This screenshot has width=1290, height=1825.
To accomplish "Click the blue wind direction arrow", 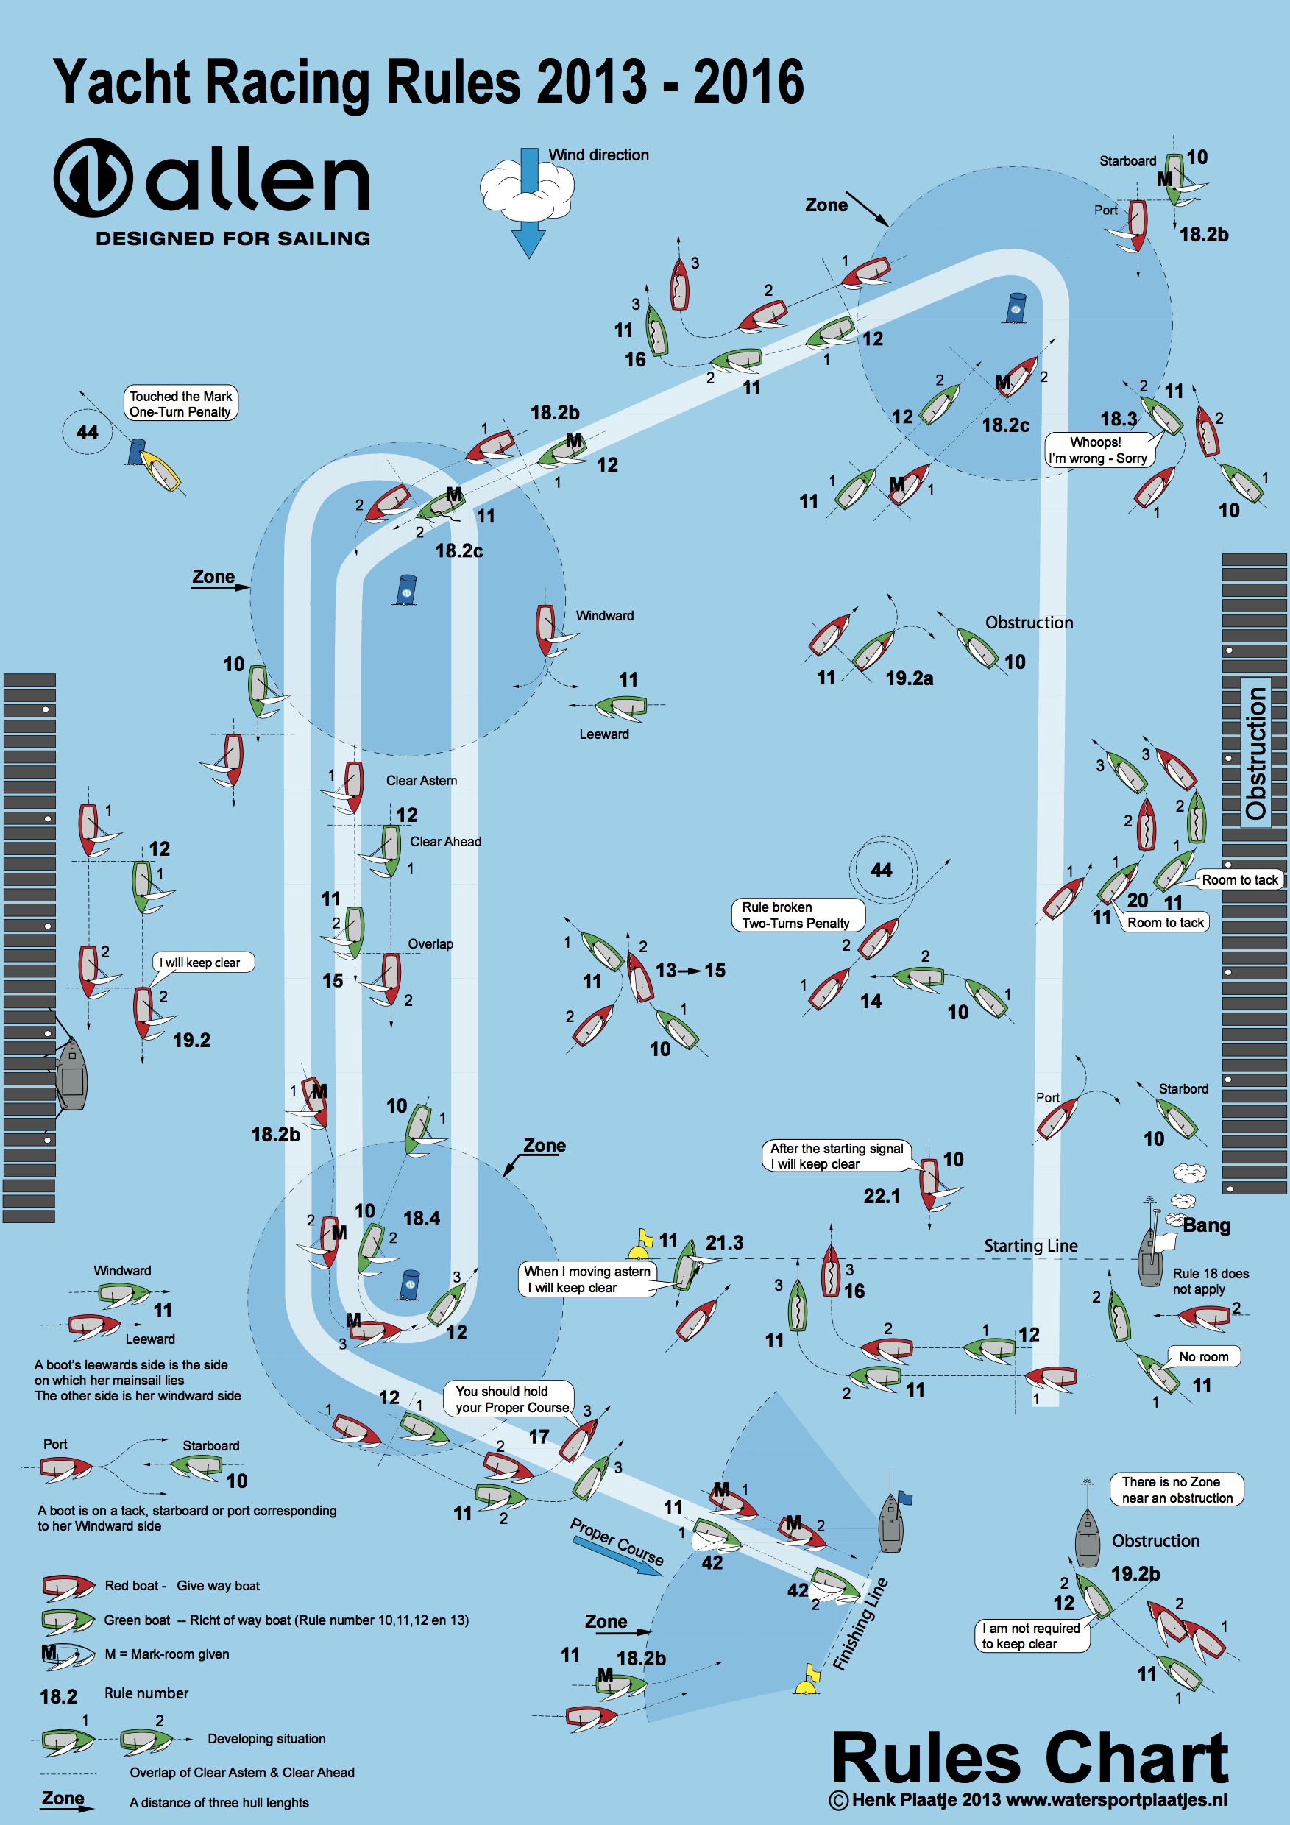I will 528,202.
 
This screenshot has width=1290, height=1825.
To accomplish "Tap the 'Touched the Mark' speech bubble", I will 180,404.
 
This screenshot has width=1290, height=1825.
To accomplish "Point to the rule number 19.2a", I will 910,678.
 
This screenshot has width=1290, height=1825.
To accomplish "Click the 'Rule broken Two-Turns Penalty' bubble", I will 796,915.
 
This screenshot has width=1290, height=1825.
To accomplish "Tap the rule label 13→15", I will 690,970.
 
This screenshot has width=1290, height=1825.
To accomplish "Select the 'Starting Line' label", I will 1030,1246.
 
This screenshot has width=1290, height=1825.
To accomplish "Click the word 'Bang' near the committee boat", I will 1207,1225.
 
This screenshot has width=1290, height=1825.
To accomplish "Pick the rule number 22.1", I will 882,1196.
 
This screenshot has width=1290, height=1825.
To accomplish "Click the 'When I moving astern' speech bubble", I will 587,1279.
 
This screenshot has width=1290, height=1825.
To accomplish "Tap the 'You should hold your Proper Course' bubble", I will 508,1399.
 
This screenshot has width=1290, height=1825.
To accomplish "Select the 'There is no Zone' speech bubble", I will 1177,1489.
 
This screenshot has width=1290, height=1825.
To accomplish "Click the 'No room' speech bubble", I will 1203,1356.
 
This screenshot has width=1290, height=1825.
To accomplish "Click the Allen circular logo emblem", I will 93,177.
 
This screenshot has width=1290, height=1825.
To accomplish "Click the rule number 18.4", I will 421,1219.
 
